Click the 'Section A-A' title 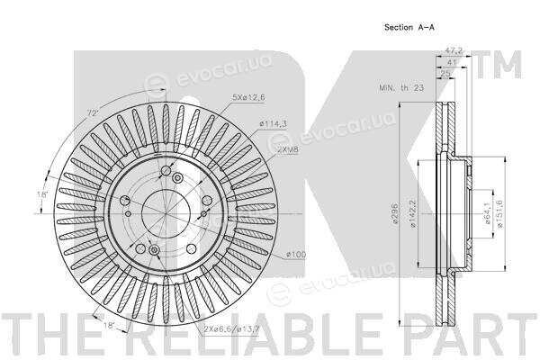(x=409, y=27)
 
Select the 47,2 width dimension (x=454, y=50)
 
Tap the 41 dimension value (x=451, y=62)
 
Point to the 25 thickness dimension (x=445, y=74)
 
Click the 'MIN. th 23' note (x=401, y=88)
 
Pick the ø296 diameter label (x=395, y=213)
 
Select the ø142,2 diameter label (x=413, y=213)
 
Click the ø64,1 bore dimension (x=488, y=213)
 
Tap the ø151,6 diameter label (x=500, y=213)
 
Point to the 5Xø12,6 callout (x=248, y=97)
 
